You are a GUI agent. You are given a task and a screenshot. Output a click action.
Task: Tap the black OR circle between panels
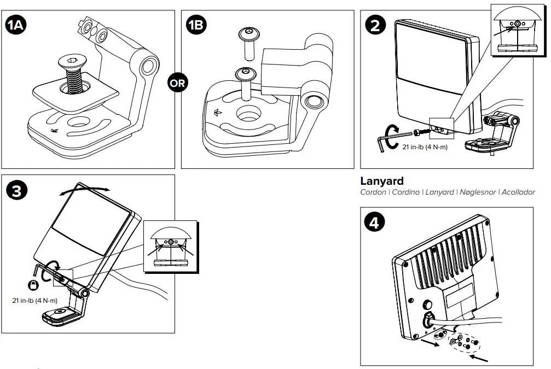tap(178, 84)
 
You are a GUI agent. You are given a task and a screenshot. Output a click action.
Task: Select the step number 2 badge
tap(375, 25)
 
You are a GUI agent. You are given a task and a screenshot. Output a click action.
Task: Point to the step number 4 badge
tap(375, 222)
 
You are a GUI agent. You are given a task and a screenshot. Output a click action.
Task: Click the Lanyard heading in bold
tap(381, 181)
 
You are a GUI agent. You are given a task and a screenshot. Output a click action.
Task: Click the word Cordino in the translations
tap(405, 192)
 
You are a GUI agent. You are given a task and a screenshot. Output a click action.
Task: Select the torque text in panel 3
tap(34, 300)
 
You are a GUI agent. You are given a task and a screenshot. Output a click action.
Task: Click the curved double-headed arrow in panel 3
tap(85, 188)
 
